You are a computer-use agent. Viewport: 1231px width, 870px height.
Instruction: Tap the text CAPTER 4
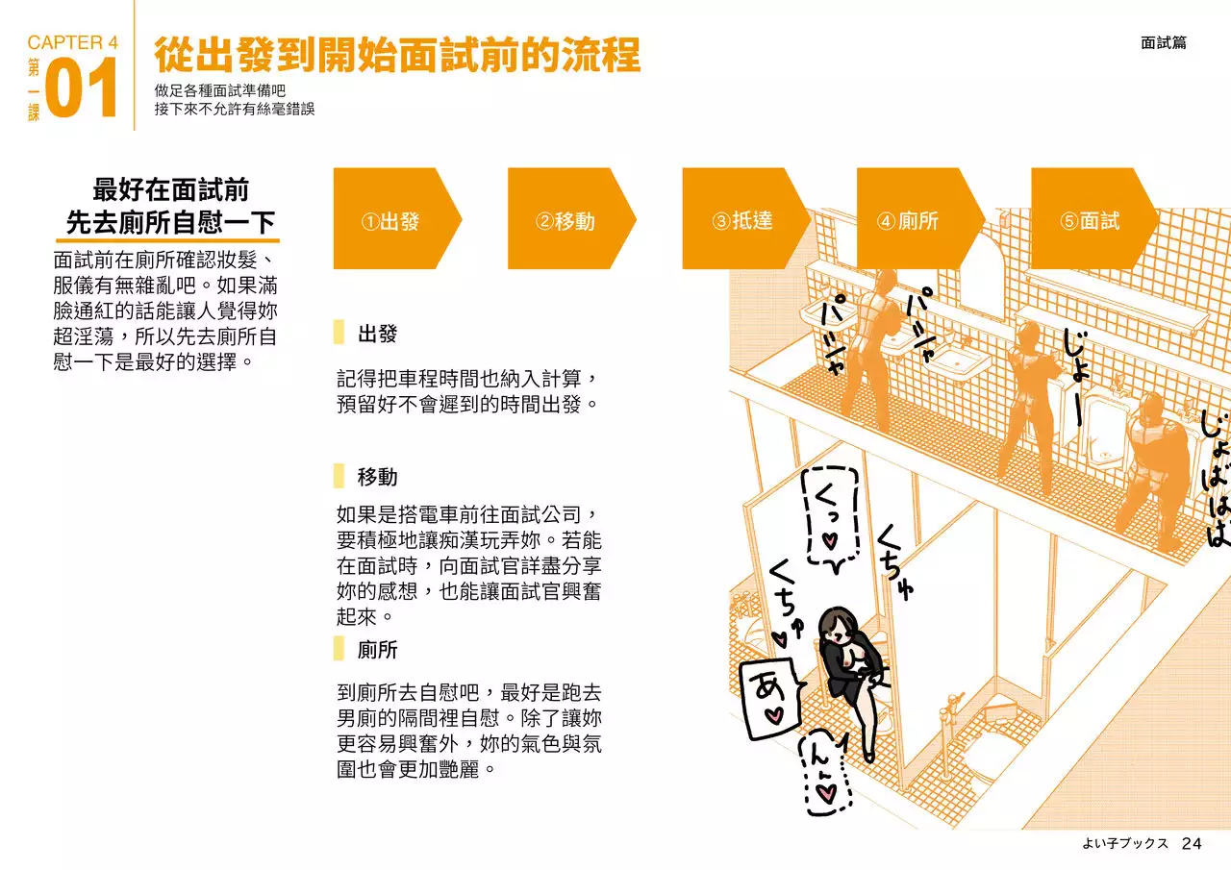[72, 42]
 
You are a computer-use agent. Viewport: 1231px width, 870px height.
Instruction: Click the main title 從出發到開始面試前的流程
[396, 56]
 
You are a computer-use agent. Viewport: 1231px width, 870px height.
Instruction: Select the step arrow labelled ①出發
[391, 219]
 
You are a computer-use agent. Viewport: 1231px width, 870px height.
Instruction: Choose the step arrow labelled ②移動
[566, 219]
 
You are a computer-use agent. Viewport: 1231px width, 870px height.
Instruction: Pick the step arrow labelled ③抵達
[741, 219]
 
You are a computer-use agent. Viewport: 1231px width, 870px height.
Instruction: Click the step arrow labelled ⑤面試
[1089, 219]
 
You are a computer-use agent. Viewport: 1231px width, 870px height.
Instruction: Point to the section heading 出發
[377, 335]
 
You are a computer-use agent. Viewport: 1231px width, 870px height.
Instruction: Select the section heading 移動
[377, 477]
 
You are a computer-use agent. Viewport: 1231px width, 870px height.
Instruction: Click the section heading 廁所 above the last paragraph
[377, 649]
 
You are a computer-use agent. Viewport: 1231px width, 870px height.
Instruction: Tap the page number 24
[1192, 843]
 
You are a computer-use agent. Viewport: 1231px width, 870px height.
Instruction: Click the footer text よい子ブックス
[1124, 843]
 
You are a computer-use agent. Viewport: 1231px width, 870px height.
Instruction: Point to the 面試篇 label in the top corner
[1163, 43]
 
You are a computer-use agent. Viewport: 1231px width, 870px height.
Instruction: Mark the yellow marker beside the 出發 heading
[339, 334]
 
